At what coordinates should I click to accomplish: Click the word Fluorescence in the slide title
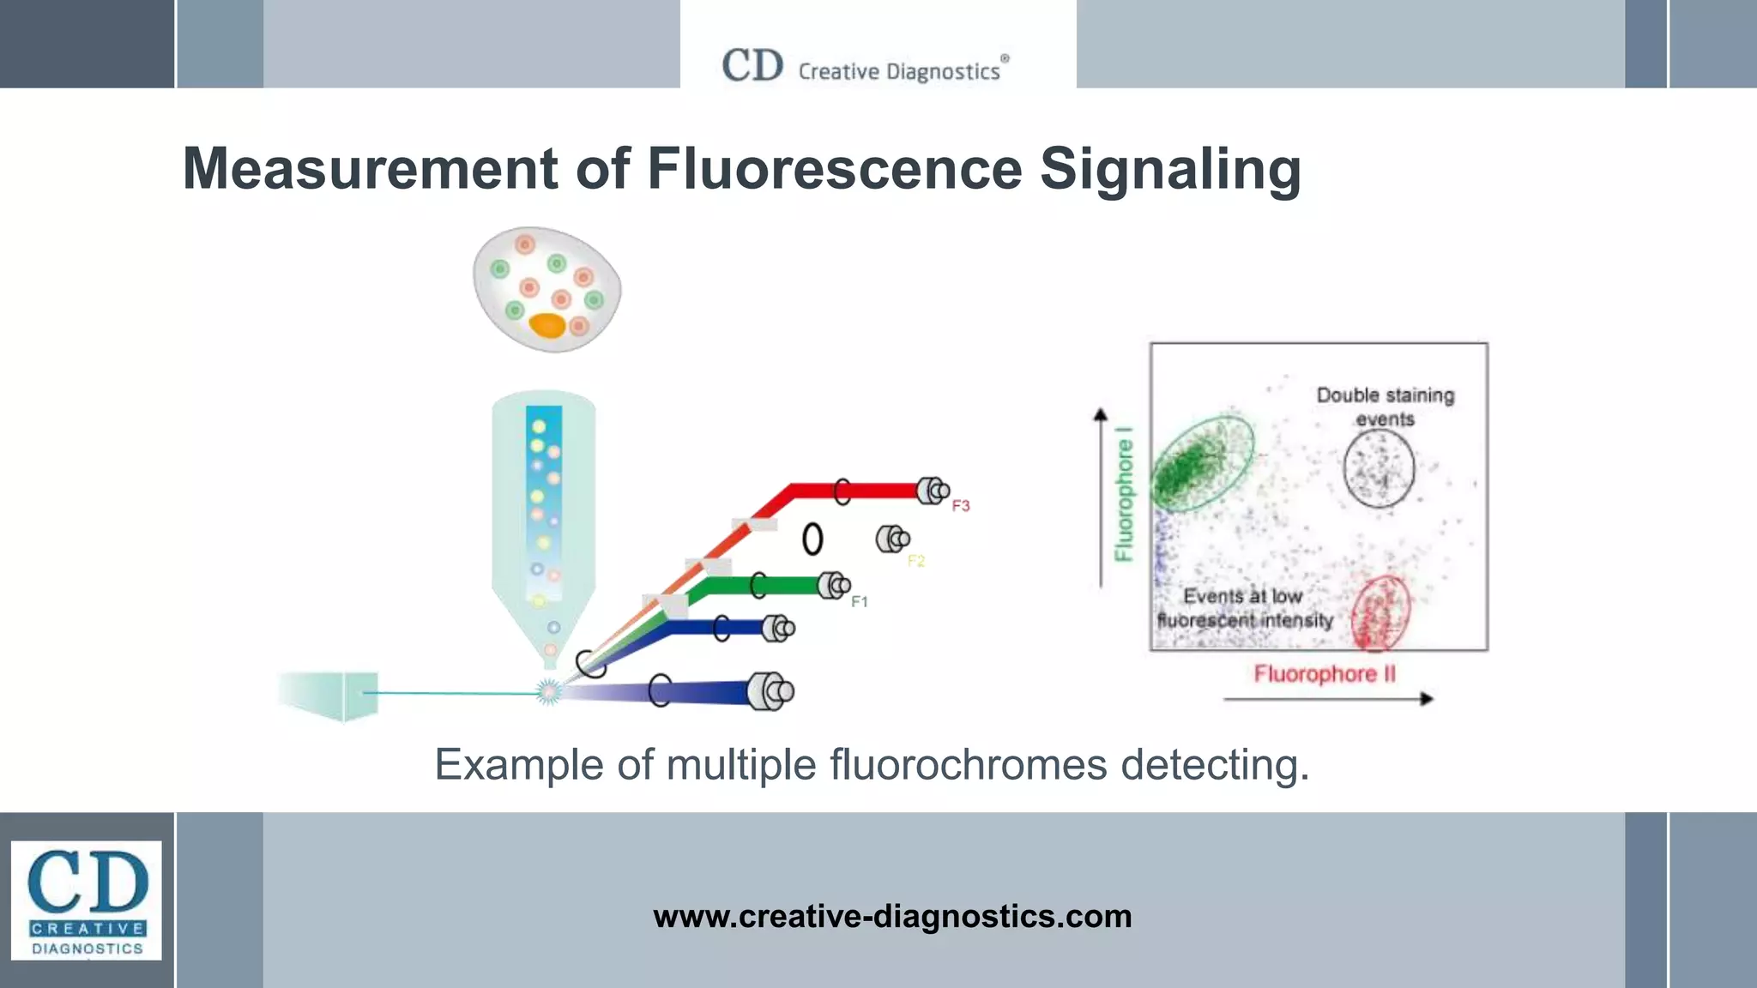click(x=834, y=168)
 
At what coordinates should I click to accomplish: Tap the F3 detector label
click(x=961, y=506)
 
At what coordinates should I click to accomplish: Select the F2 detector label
click(x=916, y=561)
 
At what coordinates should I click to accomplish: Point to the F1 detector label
click(x=860, y=602)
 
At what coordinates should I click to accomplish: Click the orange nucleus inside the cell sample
click(x=547, y=326)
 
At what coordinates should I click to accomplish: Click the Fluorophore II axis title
click(x=1325, y=674)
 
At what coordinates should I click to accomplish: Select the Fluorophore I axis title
click(x=1124, y=494)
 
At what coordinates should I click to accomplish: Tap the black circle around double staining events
click(x=1379, y=468)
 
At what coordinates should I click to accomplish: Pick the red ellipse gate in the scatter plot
click(x=1380, y=614)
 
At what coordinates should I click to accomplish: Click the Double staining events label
click(x=1386, y=407)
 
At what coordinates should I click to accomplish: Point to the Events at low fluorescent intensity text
click(x=1244, y=608)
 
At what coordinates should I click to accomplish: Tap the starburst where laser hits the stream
click(x=547, y=691)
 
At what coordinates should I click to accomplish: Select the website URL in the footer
click(x=892, y=916)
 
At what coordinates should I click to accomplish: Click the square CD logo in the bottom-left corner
click(x=86, y=900)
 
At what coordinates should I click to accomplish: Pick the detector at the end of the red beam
click(x=932, y=491)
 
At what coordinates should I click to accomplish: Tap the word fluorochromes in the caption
click(x=968, y=764)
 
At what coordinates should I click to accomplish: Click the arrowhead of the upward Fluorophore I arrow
click(x=1101, y=415)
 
